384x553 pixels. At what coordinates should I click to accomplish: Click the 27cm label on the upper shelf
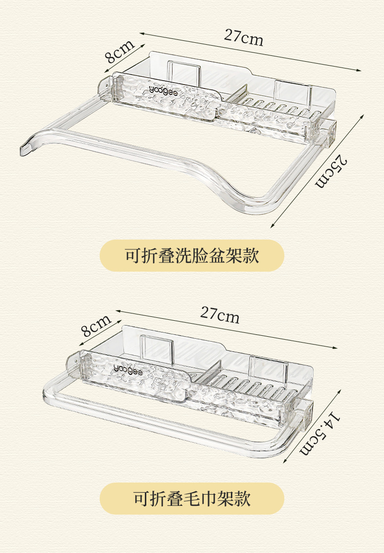(244, 37)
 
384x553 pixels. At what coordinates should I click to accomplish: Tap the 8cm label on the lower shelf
(96, 326)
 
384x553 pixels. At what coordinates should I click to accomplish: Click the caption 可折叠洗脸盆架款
(192, 256)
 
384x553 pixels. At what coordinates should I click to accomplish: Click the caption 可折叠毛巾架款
(192, 499)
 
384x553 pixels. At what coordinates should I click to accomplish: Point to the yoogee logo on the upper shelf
(163, 90)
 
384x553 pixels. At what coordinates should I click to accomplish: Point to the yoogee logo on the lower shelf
(128, 367)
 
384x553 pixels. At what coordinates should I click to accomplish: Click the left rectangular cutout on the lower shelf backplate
(157, 349)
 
